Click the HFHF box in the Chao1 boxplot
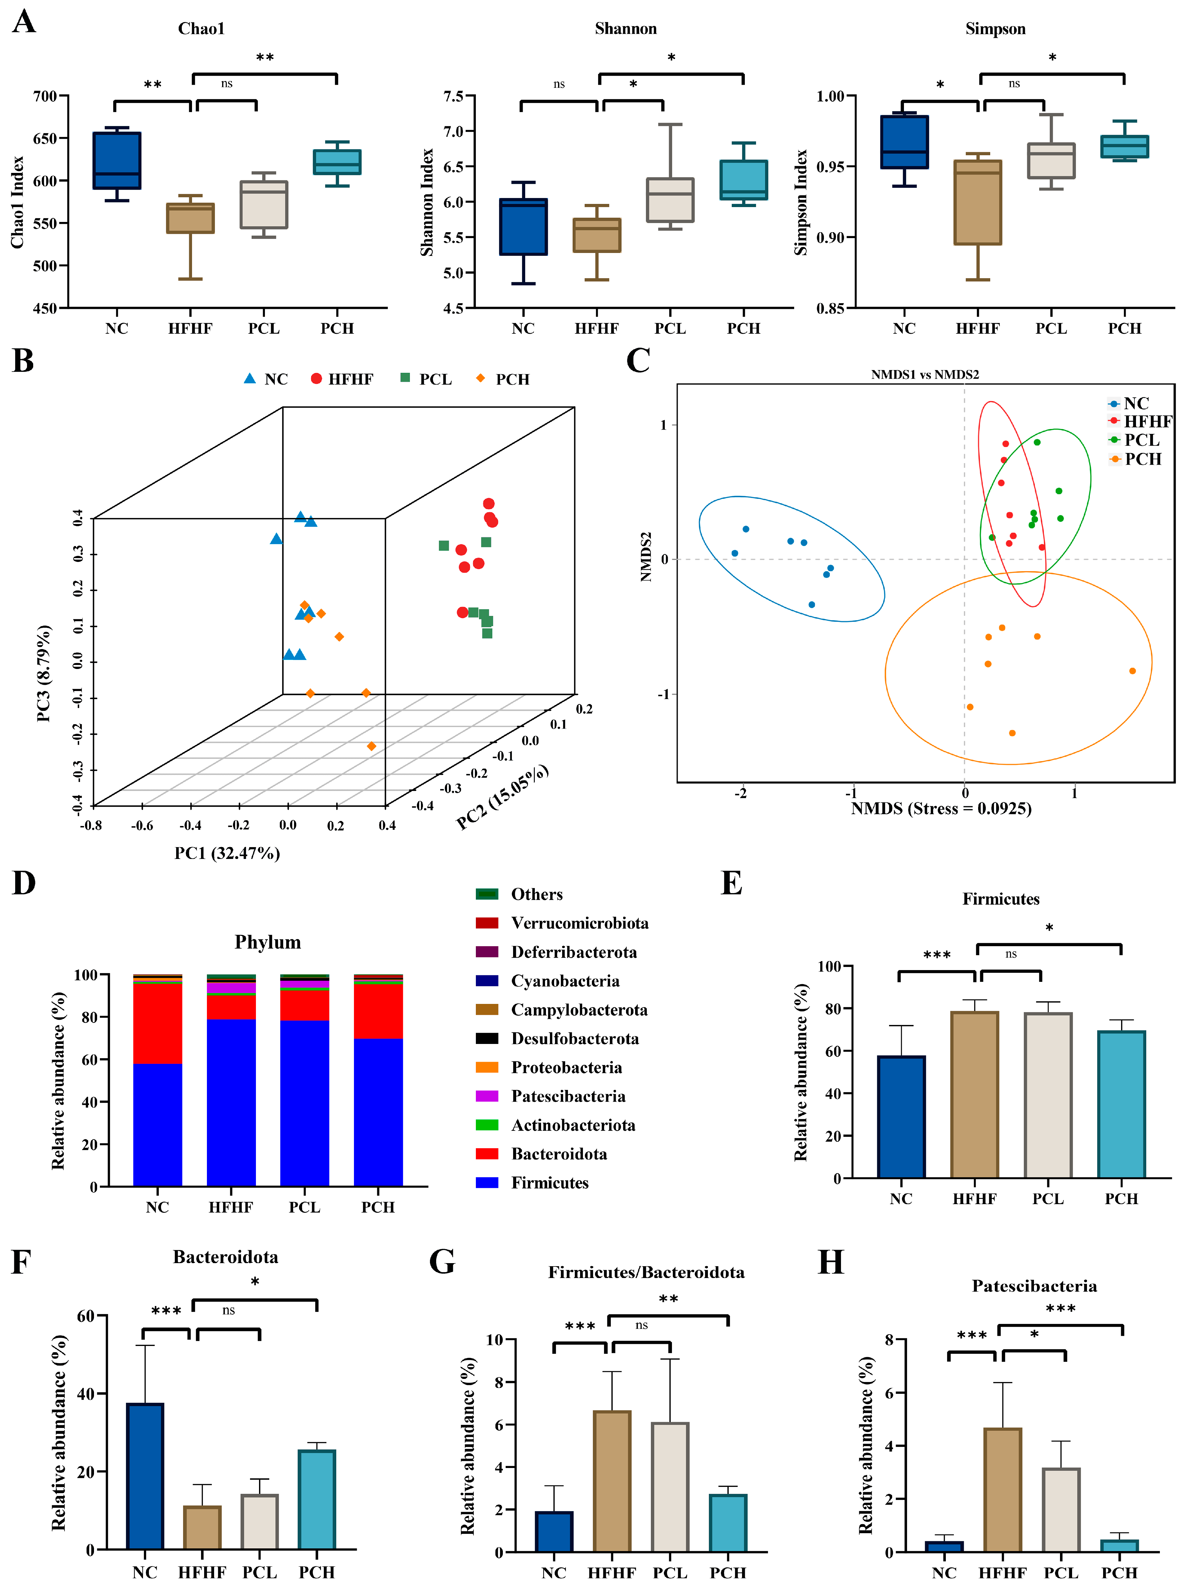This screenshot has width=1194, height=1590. click(x=190, y=218)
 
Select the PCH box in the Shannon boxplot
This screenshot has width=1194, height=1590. click(x=744, y=180)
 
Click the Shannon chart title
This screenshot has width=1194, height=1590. click(x=625, y=29)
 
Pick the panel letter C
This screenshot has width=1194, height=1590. click(x=638, y=361)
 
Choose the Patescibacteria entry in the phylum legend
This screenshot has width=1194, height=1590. click(x=568, y=1096)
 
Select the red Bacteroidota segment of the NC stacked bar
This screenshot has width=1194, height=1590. click(x=157, y=1023)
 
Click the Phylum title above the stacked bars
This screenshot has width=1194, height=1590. click(x=267, y=942)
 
